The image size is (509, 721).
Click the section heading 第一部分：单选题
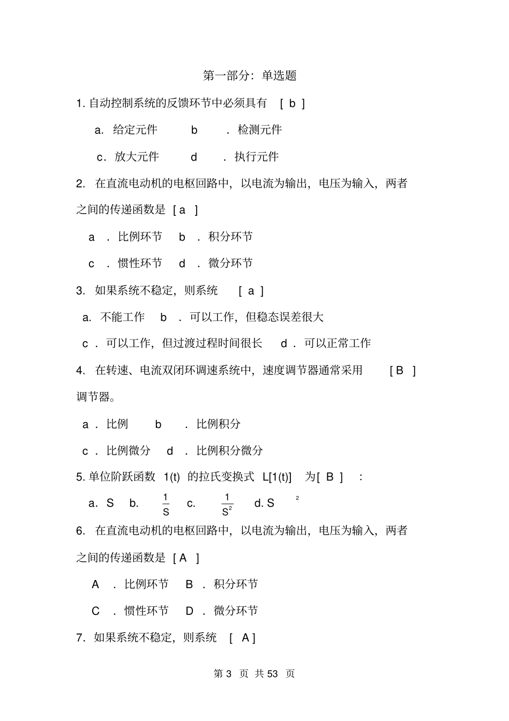click(250, 76)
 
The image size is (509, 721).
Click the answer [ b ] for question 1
click(292, 103)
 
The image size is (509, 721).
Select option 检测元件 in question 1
click(260, 130)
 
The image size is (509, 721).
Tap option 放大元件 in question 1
click(137, 156)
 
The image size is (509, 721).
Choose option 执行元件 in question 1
click(257, 156)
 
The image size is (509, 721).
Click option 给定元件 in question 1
click(135, 130)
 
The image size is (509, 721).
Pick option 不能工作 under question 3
click(123, 317)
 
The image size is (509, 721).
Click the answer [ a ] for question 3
click(251, 291)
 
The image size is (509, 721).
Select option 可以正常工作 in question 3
click(338, 343)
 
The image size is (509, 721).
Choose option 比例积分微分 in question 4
click(230, 451)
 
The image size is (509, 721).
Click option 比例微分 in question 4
click(129, 451)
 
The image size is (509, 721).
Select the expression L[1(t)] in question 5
click(277, 477)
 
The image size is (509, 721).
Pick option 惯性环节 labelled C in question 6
click(146, 611)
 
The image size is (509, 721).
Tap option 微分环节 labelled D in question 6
click(236, 611)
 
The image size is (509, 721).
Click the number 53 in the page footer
click(272, 673)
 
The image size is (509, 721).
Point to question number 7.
click(80, 637)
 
